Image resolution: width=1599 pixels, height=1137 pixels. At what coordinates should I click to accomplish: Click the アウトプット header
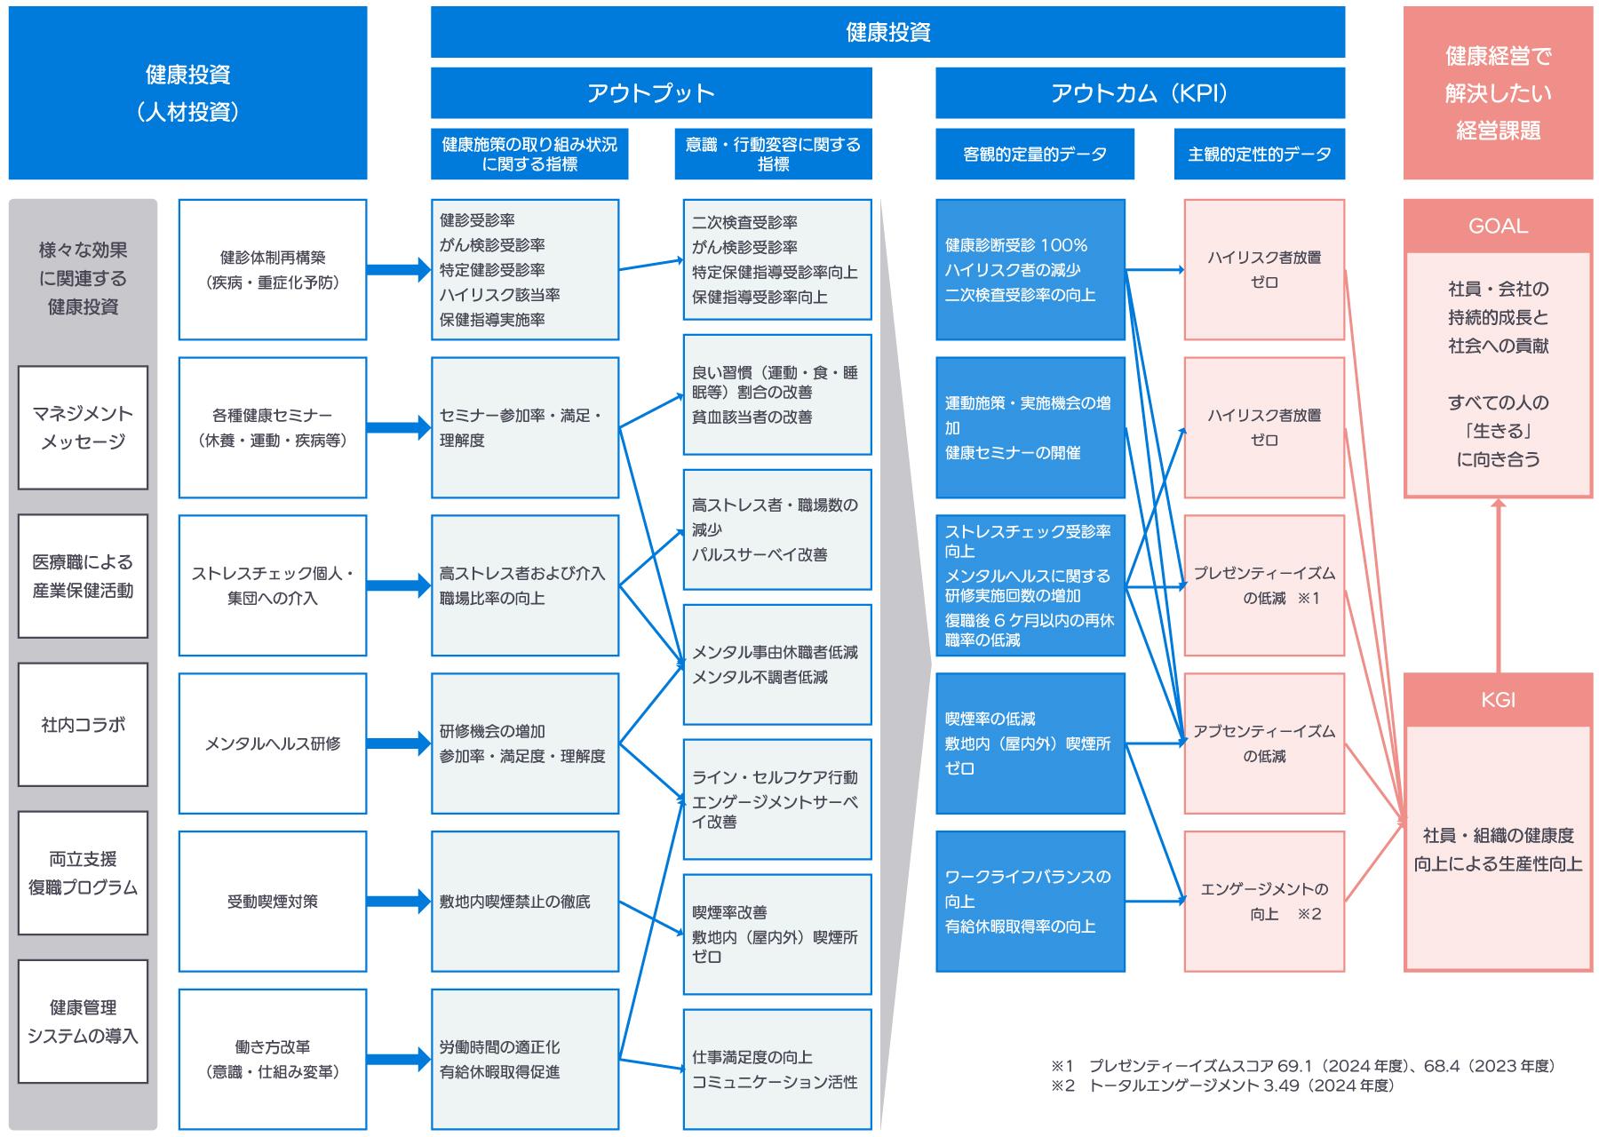tap(651, 93)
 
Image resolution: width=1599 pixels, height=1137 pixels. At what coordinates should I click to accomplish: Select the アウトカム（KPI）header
tap(1140, 93)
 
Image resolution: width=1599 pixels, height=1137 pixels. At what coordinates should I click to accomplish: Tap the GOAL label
tap(1498, 226)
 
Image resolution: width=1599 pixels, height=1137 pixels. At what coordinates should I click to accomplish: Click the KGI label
tap(1498, 700)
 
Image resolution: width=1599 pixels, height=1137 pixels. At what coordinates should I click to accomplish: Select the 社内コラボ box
tap(83, 725)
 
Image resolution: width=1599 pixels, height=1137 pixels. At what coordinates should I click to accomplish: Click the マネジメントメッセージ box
tap(83, 427)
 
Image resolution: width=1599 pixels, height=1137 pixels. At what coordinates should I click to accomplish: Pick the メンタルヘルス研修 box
tap(273, 743)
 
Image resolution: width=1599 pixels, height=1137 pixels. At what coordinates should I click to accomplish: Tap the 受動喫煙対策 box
tap(273, 902)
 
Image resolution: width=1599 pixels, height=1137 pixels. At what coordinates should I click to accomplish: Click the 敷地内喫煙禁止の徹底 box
tap(525, 902)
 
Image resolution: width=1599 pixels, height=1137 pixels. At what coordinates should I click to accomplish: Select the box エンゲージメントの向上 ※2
tap(1264, 902)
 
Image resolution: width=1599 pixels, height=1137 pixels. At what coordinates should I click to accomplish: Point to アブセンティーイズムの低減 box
tap(1264, 743)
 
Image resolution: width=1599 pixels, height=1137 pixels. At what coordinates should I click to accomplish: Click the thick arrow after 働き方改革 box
tap(398, 1059)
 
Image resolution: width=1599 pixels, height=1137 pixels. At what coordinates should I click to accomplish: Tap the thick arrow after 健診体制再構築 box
tap(398, 269)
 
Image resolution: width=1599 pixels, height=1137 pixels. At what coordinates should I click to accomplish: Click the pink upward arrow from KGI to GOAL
tap(1499, 586)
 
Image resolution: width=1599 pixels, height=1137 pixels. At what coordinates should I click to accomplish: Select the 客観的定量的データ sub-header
tap(1035, 155)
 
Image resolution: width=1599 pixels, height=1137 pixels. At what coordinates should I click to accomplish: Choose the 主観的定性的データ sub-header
tap(1260, 155)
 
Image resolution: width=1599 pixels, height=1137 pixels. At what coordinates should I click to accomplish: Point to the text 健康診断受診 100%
tap(1016, 245)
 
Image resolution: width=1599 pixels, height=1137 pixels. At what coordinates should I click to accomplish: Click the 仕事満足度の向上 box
tap(777, 1069)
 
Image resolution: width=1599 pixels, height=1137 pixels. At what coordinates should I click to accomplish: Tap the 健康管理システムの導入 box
tap(83, 1022)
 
